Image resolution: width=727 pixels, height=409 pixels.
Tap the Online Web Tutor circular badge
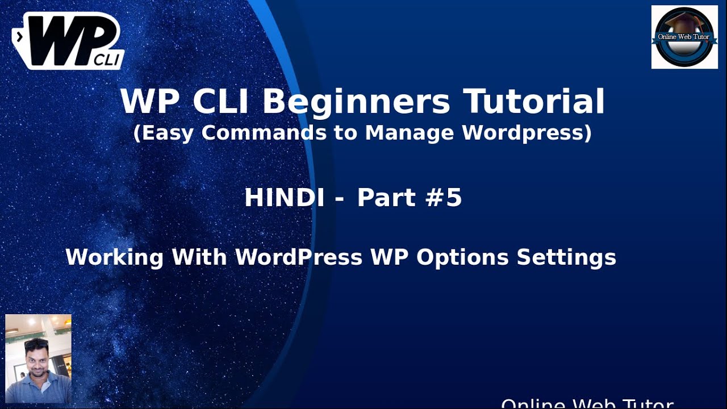684,37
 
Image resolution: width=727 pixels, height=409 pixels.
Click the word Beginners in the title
356,102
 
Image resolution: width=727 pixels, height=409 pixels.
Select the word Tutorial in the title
534,102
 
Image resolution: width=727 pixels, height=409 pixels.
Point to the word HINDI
285,198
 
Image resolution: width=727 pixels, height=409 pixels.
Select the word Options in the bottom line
462,257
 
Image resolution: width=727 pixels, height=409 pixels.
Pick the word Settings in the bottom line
566,257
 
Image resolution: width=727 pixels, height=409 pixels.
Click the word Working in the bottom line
114,257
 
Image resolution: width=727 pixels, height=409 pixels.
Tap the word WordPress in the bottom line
299,257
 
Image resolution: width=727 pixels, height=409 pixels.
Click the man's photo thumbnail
38,358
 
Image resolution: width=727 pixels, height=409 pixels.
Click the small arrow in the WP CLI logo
20,37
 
